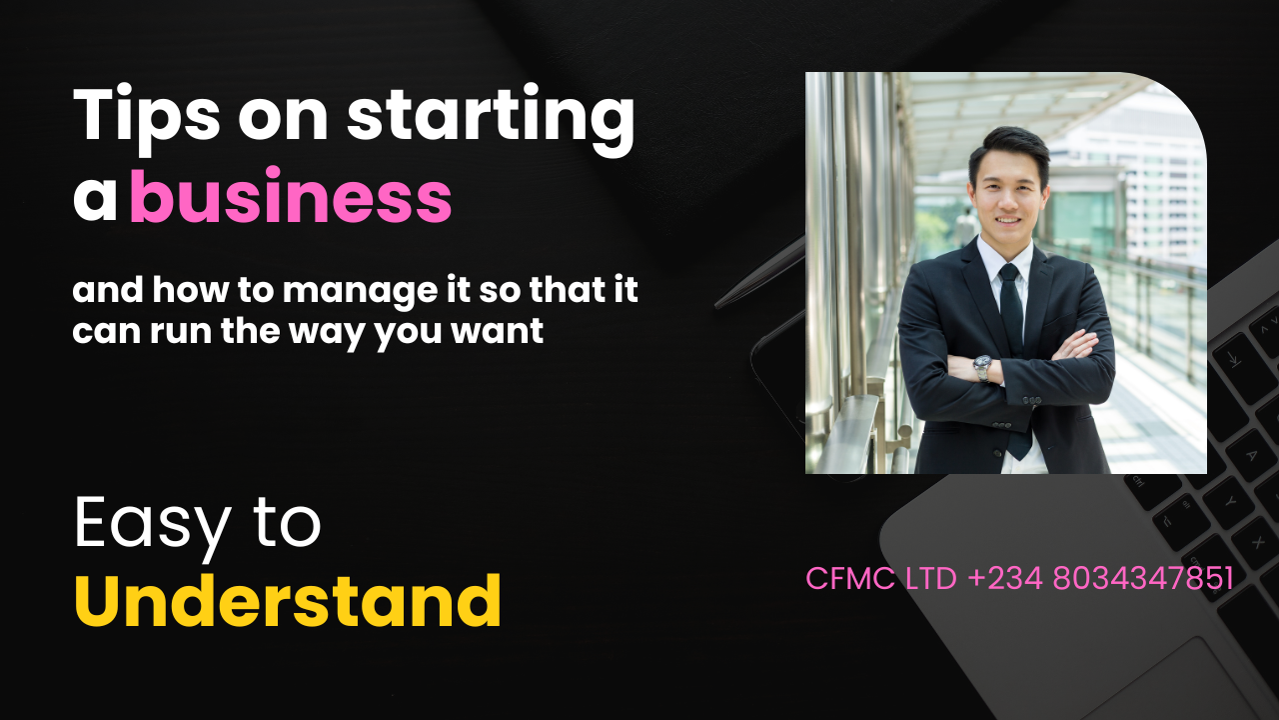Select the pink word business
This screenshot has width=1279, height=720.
291,198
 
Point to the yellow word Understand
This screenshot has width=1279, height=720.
288,602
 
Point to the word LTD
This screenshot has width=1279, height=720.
931,579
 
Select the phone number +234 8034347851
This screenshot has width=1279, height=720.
1100,579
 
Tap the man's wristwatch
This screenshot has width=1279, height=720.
983,367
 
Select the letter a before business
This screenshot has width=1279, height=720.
95,198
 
